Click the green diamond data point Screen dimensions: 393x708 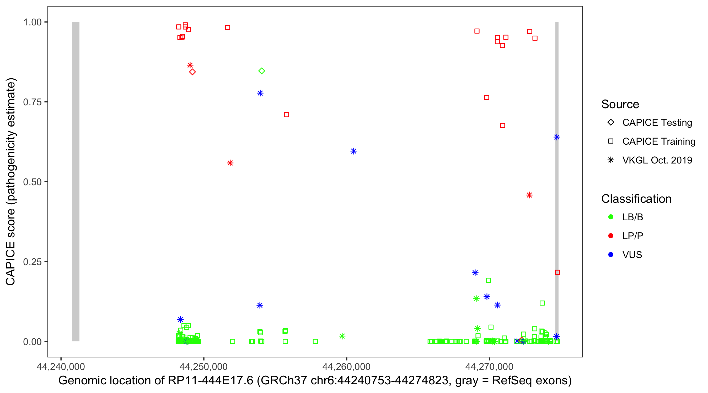point(261,71)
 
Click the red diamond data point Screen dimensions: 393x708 point(192,72)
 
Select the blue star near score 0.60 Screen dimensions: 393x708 point(353,151)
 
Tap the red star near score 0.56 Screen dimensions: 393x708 point(230,163)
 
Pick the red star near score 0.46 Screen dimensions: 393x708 point(529,195)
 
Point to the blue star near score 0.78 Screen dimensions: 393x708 point(260,93)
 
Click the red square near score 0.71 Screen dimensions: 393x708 point(286,114)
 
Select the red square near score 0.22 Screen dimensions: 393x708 point(557,272)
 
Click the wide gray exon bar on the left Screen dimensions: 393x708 point(76,181)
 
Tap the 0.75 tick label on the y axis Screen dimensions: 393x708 point(32,102)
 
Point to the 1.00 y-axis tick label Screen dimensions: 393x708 point(32,22)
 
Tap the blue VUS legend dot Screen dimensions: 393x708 point(611,255)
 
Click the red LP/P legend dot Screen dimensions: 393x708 point(611,236)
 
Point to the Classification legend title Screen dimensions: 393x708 point(636,199)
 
